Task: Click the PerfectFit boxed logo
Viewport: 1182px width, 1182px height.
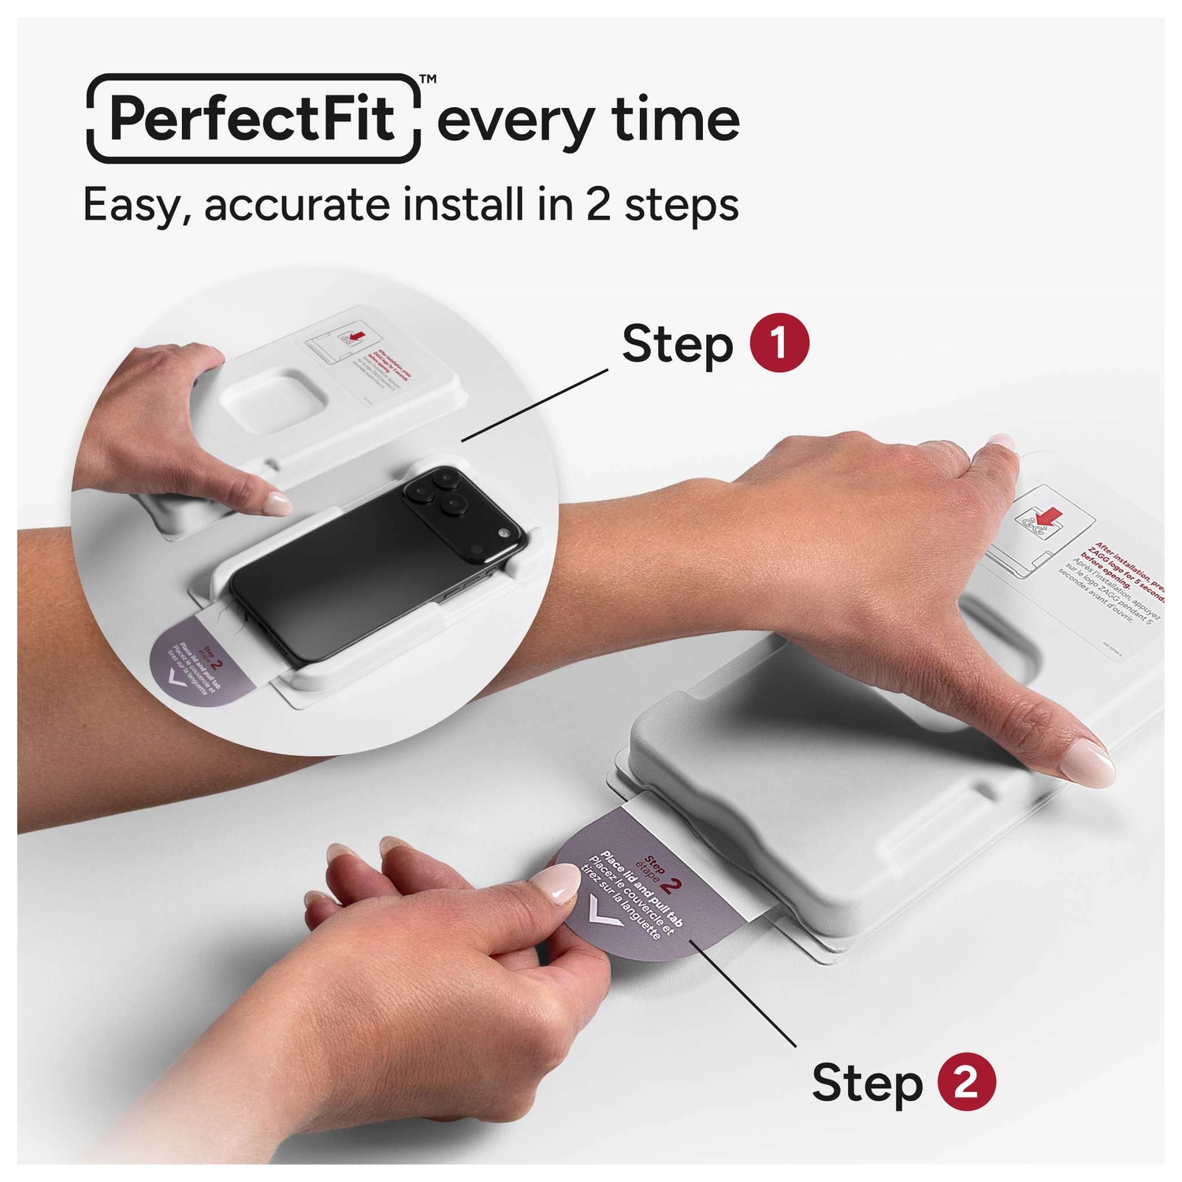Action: tap(252, 118)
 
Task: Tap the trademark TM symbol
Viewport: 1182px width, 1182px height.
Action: tap(428, 79)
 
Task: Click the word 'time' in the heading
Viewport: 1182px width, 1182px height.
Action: tap(675, 120)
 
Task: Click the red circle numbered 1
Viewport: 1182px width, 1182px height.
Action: tap(779, 344)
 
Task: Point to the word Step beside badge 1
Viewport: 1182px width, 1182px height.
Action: tap(677, 345)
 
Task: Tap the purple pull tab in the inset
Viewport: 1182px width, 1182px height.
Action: tap(197, 662)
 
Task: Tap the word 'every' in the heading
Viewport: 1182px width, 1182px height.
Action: tap(516, 122)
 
